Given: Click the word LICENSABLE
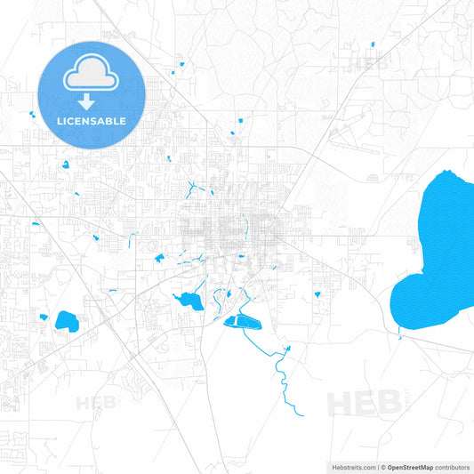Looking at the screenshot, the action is point(92,120).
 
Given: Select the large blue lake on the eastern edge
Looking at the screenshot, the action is point(438,253).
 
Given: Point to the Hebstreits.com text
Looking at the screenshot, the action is point(352,467).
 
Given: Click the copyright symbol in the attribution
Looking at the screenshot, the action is point(383,467).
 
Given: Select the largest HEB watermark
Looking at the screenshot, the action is point(364,403).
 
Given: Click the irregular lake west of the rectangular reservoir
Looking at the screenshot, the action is point(189,301).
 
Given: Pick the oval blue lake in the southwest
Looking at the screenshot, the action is point(67,320).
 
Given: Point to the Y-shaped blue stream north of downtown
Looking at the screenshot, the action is point(192,189).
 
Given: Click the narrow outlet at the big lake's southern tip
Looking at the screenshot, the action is point(400,333).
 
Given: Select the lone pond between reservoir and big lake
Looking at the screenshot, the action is point(316,294).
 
